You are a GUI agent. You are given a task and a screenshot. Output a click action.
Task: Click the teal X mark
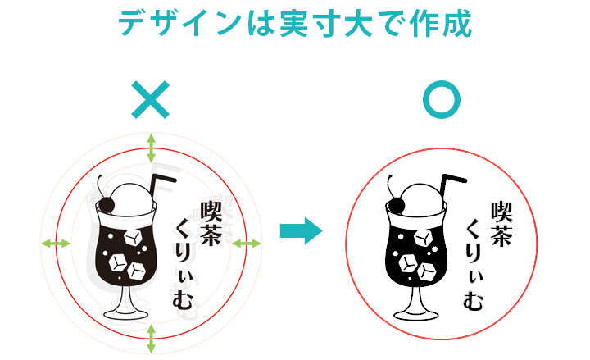(x=151, y=100)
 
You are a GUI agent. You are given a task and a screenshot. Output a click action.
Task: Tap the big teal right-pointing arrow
(x=301, y=230)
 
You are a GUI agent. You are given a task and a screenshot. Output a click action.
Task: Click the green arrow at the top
(x=152, y=148)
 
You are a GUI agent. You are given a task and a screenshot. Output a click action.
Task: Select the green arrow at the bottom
(x=152, y=339)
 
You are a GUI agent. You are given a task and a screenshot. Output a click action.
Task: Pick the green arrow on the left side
(x=56, y=244)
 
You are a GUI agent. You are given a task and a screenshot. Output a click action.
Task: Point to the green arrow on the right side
(x=247, y=244)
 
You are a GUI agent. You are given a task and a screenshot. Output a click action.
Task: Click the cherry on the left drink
(x=107, y=205)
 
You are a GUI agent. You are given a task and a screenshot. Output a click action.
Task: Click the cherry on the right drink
(x=397, y=206)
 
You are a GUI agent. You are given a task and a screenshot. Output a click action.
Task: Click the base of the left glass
(x=126, y=314)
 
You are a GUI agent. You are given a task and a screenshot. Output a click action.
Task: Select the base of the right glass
(x=416, y=314)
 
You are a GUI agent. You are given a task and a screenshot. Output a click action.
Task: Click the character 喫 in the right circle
(x=501, y=212)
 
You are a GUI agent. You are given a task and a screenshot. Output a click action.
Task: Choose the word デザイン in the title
(x=179, y=23)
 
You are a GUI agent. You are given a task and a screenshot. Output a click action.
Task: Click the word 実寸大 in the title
(x=326, y=23)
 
